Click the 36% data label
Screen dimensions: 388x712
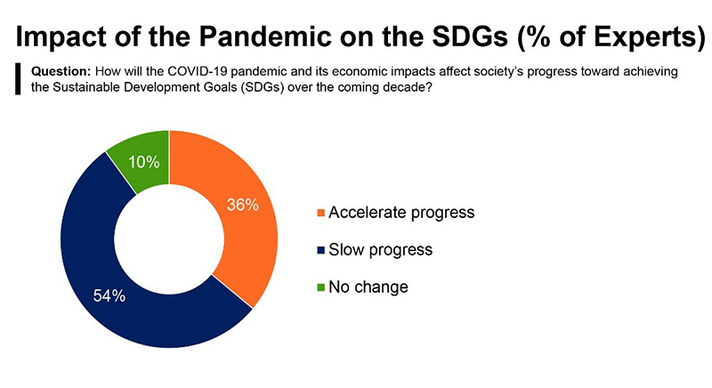pyautogui.click(x=242, y=205)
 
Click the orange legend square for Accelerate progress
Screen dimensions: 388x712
pyautogui.click(x=320, y=214)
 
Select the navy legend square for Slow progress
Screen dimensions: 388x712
pyautogui.click(x=320, y=250)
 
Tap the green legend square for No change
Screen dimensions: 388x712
pyautogui.click(x=320, y=287)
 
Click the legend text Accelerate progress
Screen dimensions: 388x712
pyautogui.click(x=401, y=213)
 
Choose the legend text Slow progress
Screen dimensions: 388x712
pyautogui.click(x=380, y=250)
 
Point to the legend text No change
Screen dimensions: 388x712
pyautogui.click(x=368, y=287)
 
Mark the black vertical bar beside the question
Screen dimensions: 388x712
pyautogui.click(x=18, y=78)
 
